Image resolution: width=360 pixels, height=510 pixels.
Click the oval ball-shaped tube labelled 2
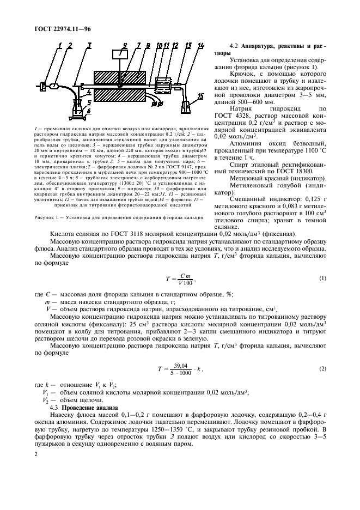point(54,85)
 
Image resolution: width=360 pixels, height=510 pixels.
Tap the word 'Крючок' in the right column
point(243,82)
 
